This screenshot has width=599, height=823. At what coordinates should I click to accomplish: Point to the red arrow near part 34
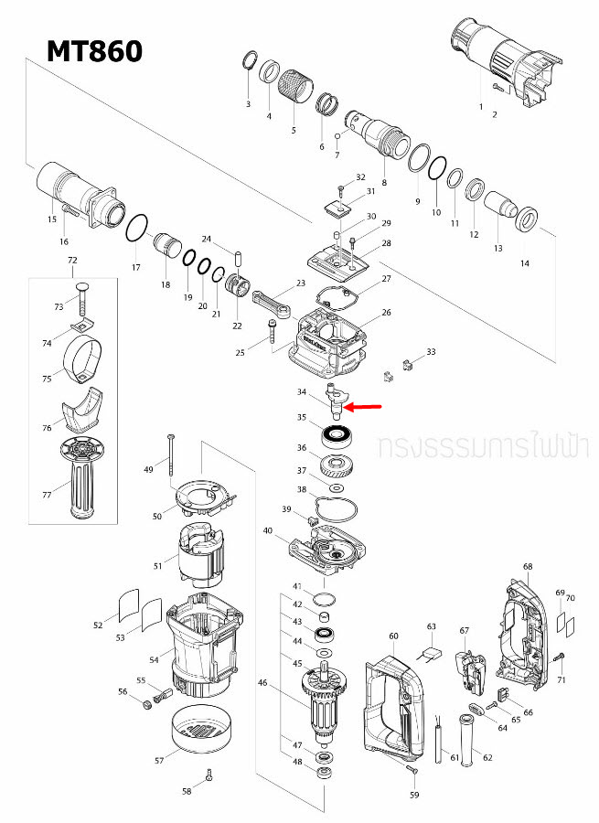[365, 405]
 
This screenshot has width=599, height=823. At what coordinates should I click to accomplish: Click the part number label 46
[263, 682]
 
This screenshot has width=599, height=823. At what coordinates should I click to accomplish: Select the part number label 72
[73, 262]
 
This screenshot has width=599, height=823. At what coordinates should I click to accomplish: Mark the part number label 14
[524, 263]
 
